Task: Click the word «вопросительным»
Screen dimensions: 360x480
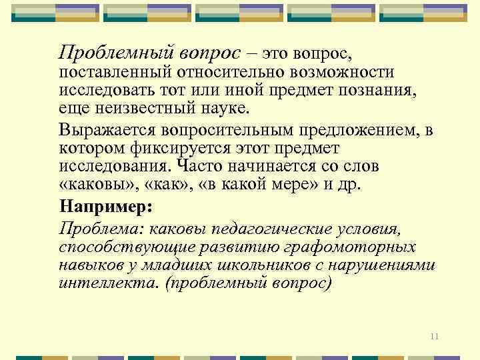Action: pyautogui.click(x=241, y=129)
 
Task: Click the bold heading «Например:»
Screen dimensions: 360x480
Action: pyautogui.click(x=105, y=206)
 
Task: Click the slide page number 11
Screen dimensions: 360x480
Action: pyautogui.click(x=434, y=336)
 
